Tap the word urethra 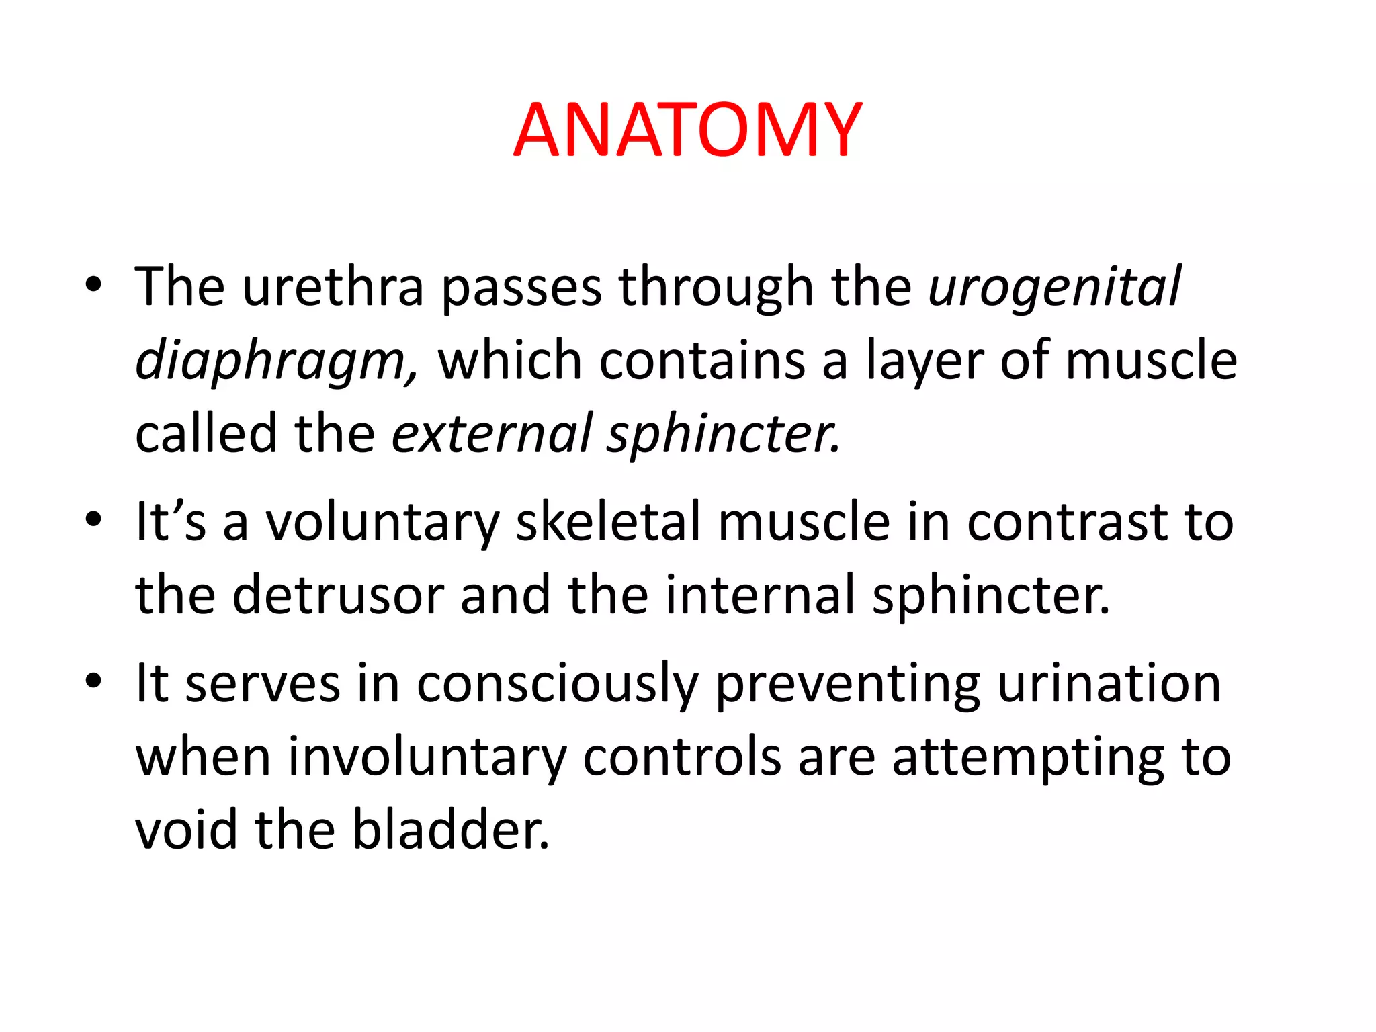(x=333, y=288)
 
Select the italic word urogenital (x=1054, y=288)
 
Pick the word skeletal (x=608, y=522)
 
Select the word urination (x=1109, y=684)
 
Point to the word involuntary (x=427, y=757)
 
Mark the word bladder (x=450, y=830)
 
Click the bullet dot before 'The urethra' (x=93, y=286)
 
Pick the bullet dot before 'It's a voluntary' (x=93, y=519)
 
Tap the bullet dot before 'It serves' (x=93, y=681)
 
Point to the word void (x=186, y=830)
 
